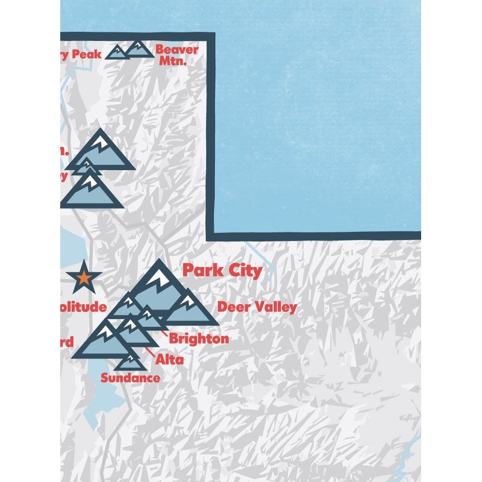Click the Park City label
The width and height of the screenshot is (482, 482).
tap(222, 271)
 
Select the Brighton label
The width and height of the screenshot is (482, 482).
tap(199, 339)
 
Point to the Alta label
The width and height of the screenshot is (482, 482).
tap(169, 360)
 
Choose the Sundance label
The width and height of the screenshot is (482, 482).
tap(131, 378)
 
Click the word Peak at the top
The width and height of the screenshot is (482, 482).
tap(86, 55)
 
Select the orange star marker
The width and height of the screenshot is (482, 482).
tap(84, 277)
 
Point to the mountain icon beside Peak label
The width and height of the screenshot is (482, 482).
tap(116, 53)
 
